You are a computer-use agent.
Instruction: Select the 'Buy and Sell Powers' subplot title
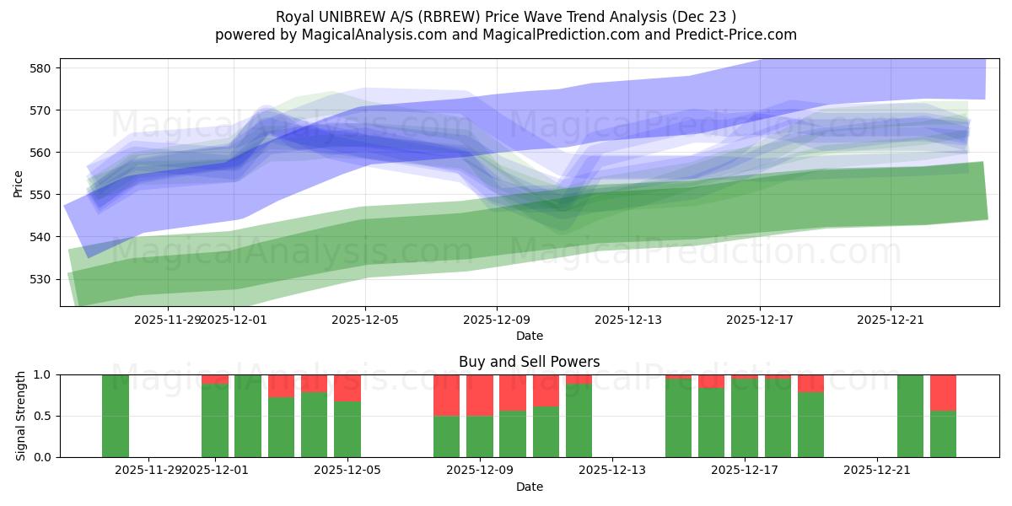(529, 362)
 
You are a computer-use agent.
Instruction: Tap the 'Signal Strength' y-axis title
(21, 416)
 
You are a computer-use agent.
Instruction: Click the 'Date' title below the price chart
(529, 336)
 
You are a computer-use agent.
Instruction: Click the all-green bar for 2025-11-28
(116, 416)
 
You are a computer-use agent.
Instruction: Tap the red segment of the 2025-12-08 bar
(447, 395)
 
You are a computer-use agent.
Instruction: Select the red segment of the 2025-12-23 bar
(943, 392)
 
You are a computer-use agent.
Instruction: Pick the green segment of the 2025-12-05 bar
(347, 429)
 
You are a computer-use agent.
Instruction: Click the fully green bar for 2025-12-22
(910, 416)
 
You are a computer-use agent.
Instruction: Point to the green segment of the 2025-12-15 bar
(679, 418)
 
